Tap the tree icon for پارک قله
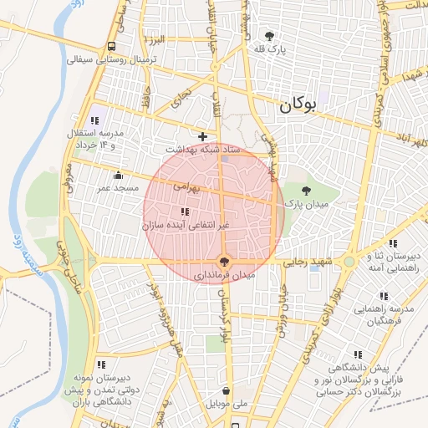(x=269, y=35)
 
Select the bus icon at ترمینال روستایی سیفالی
(x=112, y=47)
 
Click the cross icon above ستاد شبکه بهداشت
(x=201, y=135)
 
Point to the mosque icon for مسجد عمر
(x=118, y=176)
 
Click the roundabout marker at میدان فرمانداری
(x=223, y=260)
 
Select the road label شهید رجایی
(x=310, y=262)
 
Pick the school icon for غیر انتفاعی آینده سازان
(x=184, y=211)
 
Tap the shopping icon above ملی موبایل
(x=227, y=390)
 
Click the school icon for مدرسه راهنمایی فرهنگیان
(x=383, y=296)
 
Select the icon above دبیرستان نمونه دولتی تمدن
(x=101, y=364)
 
